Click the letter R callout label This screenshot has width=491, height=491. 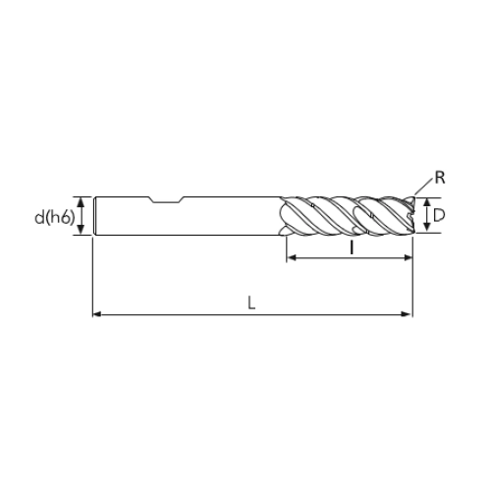tap(440, 178)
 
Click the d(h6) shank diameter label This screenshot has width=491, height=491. tap(55, 217)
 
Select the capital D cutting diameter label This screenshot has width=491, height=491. tap(439, 216)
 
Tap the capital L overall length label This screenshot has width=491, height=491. tap(251, 302)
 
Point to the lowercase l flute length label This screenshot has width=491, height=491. tap(352, 247)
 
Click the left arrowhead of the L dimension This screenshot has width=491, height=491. tap(97, 314)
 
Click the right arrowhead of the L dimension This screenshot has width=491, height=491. tap(408, 314)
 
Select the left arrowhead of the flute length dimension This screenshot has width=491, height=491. tap(291, 257)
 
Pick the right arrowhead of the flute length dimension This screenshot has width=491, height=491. tap(409, 257)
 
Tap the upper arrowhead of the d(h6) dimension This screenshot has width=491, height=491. tap(82, 201)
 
